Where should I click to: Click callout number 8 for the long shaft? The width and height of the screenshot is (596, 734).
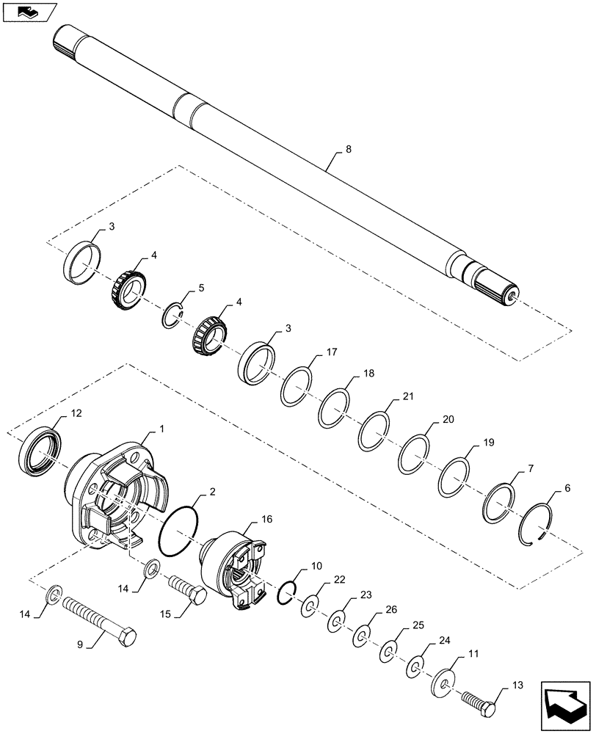[x=349, y=149]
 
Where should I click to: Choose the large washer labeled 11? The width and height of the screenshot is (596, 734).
[x=445, y=680]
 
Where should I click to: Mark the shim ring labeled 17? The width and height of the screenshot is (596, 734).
[x=297, y=385]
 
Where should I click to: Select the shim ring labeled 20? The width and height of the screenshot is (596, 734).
[x=415, y=454]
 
